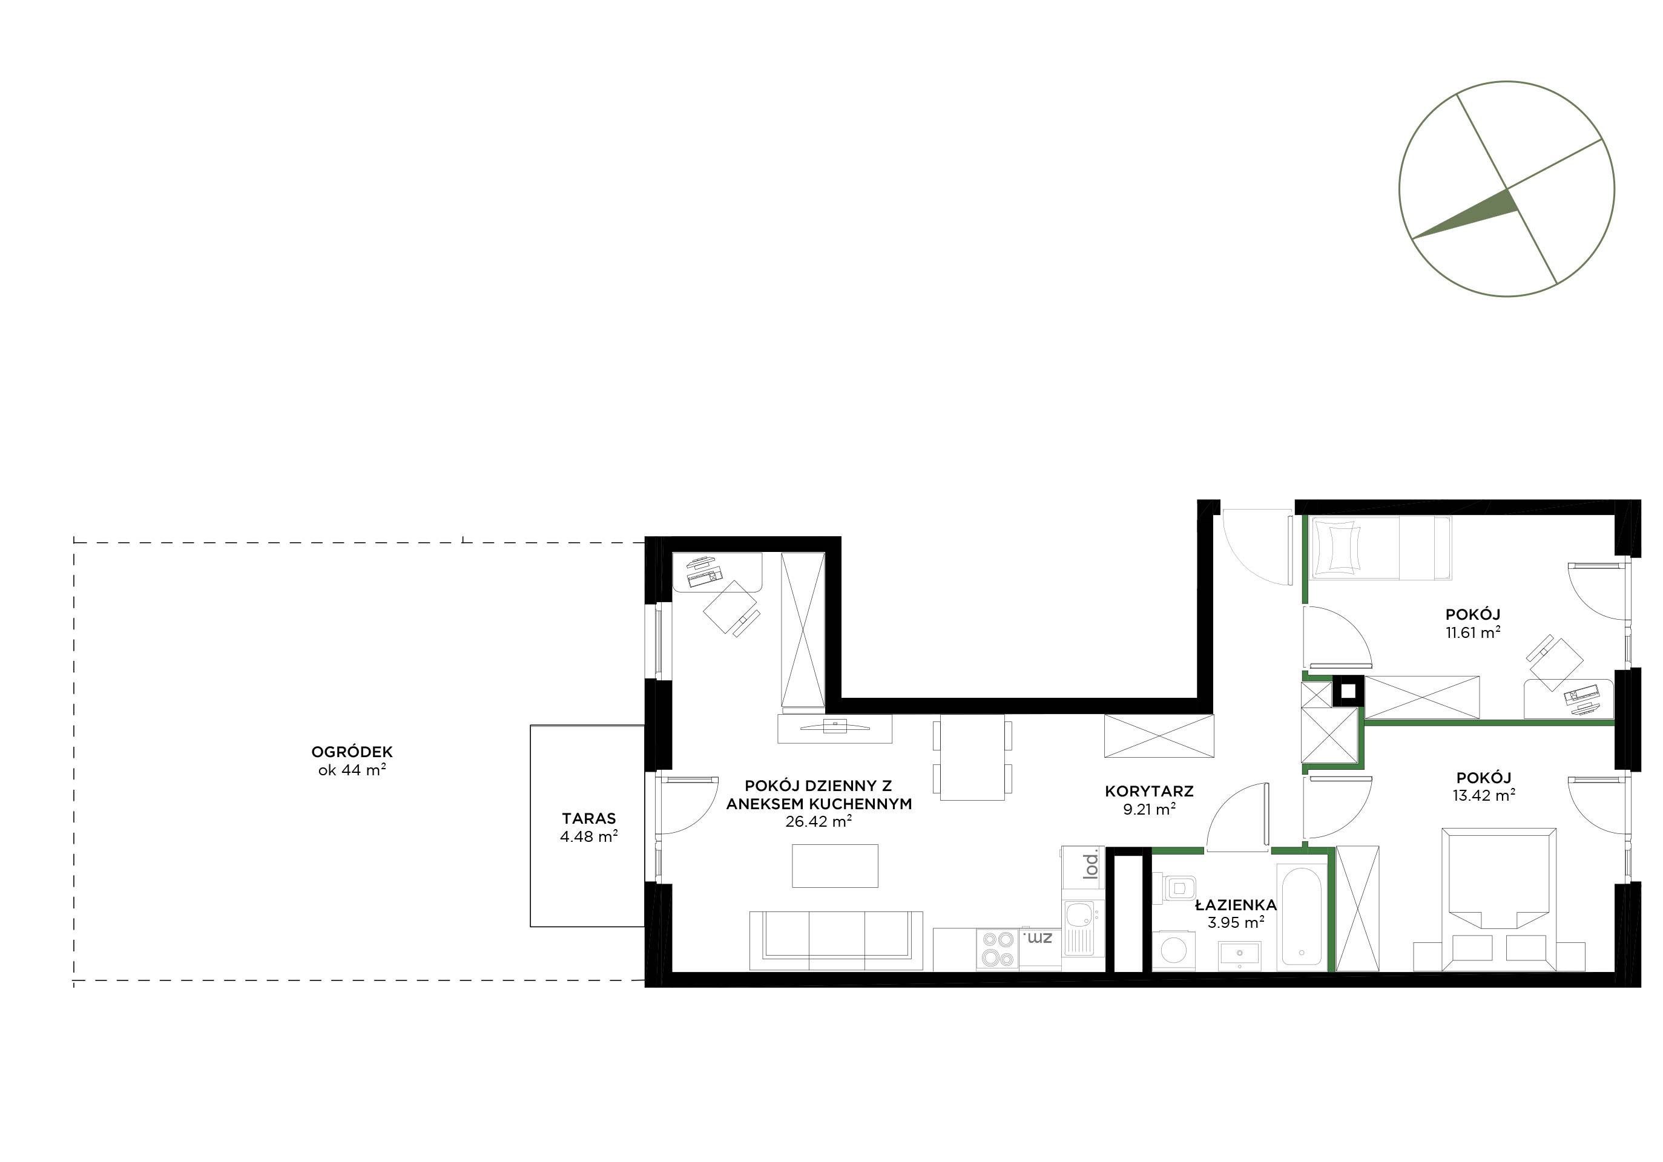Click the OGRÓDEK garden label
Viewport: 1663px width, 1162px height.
tap(352, 752)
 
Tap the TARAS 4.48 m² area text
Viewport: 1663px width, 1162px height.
tap(589, 827)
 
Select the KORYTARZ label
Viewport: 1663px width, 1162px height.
tap(1149, 792)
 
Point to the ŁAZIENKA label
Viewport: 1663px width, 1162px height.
tap(1236, 904)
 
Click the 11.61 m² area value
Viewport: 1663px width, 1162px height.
tap(1472, 632)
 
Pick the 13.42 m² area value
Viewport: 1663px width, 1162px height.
tap(1483, 795)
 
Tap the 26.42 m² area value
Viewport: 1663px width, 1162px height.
tap(818, 821)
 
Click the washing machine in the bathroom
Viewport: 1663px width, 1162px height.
tap(1168, 948)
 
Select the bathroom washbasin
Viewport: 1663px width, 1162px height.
tap(1239, 954)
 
